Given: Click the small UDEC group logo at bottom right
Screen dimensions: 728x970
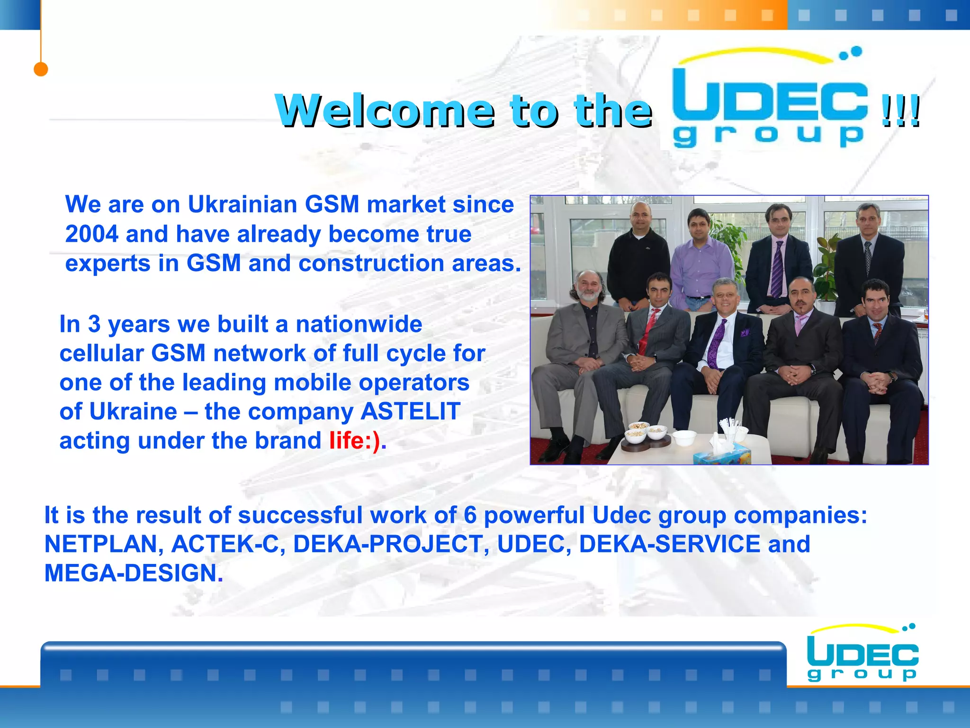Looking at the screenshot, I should (x=862, y=654).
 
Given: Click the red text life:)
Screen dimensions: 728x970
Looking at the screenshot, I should (x=355, y=441).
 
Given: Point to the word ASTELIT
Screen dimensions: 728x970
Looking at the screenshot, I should (x=410, y=411).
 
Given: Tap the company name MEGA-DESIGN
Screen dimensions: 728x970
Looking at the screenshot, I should (x=131, y=573).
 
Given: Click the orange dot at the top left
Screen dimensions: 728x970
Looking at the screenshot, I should (x=41, y=69).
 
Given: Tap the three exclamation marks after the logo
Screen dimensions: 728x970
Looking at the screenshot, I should (x=901, y=111).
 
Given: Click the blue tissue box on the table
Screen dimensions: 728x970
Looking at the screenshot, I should (x=722, y=455).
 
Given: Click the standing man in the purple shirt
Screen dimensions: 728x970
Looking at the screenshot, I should (x=701, y=265).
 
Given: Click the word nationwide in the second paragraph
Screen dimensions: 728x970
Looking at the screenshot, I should (x=359, y=325).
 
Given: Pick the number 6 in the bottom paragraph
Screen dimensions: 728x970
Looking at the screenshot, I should (x=469, y=515).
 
